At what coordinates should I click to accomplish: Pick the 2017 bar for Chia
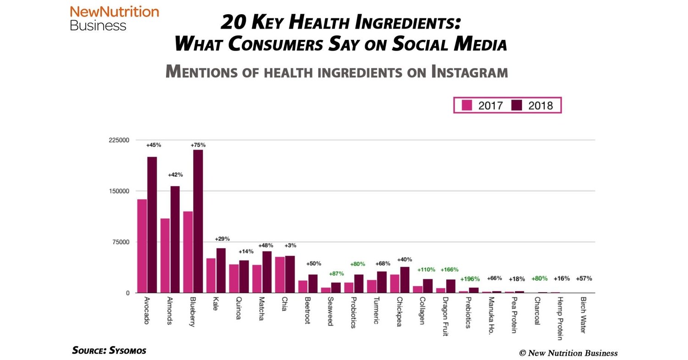tap(280, 275)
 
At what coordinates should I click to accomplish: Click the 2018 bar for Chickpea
tap(404, 280)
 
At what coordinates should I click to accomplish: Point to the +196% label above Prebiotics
tap(470, 279)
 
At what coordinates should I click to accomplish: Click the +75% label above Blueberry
tap(198, 145)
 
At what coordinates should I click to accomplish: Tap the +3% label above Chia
tap(290, 245)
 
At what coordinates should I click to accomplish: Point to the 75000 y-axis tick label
tap(119, 242)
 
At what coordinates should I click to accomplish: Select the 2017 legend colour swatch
tap(466, 105)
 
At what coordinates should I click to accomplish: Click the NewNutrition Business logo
tap(114, 18)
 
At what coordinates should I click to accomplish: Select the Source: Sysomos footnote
tap(109, 350)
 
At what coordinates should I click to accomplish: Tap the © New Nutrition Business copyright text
tap(568, 353)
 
